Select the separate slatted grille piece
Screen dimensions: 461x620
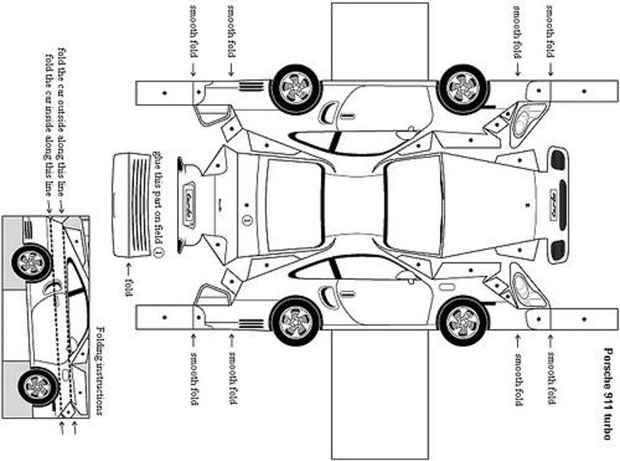133,205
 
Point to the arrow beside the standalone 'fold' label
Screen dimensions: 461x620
128,267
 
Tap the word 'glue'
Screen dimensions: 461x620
158,160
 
